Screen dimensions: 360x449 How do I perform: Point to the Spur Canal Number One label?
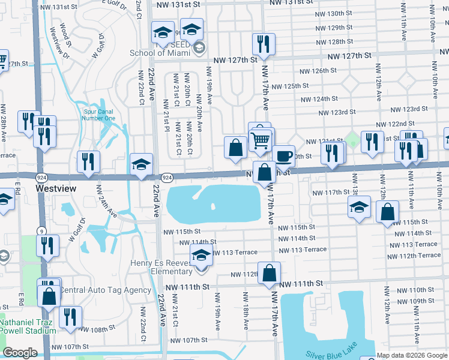(x=98, y=114)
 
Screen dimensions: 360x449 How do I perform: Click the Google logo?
(x=20, y=353)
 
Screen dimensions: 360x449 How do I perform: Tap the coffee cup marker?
(x=284, y=157)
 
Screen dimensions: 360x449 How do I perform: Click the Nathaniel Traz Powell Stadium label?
(x=28, y=326)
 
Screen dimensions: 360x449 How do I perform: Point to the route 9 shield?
(x=41, y=230)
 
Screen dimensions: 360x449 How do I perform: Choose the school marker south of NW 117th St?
(x=359, y=208)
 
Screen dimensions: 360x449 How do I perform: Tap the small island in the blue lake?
(x=213, y=207)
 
